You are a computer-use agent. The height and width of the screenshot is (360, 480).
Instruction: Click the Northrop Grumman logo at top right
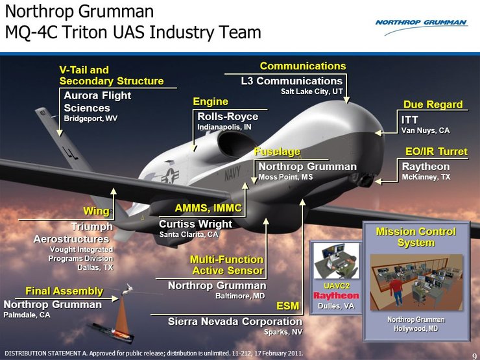pos(421,23)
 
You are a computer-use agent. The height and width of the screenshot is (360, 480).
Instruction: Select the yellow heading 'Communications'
pos(303,66)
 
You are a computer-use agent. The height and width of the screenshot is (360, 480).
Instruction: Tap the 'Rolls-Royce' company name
pos(228,117)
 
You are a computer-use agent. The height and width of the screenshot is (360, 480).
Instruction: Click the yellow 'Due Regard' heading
pos(433,104)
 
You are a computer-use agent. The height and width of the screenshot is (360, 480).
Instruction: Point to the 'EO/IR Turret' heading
pos(436,152)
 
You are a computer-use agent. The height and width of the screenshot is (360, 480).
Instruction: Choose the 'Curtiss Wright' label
pos(195,224)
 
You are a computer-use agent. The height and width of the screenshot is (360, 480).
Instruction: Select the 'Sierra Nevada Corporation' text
pos(235,322)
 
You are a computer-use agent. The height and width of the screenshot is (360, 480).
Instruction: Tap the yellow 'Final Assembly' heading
pos(64,291)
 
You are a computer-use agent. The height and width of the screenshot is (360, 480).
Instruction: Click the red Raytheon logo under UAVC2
pos(336,296)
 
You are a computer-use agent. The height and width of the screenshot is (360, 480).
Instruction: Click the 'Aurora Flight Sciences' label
pos(97,101)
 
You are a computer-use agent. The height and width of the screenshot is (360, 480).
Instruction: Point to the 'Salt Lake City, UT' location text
pos(311,92)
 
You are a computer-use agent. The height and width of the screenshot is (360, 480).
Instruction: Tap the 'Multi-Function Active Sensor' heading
pos(226,265)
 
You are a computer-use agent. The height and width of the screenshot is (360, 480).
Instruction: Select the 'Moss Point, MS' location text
pos(285,177)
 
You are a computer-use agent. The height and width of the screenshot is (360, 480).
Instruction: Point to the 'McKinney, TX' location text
pos(426,177)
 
